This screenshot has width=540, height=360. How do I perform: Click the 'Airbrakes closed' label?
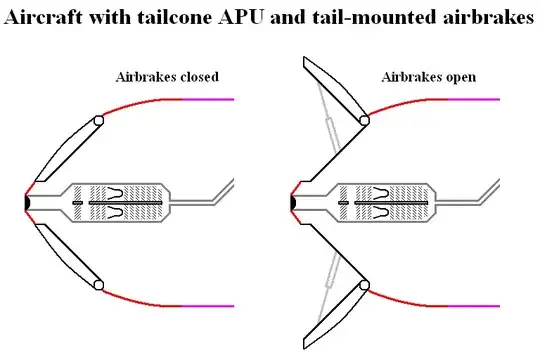[167, 76]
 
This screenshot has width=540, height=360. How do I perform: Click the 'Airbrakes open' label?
[428, 76]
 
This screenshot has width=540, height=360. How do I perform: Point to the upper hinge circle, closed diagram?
[98, 122]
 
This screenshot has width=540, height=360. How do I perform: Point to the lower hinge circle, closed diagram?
[98, 286]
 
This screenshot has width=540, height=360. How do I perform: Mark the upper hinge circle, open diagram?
[363, 122]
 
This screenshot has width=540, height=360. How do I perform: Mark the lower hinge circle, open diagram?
[363, 286]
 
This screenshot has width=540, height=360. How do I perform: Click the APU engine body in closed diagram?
[120, 202]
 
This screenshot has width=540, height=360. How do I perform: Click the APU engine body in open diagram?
[385, 202]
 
